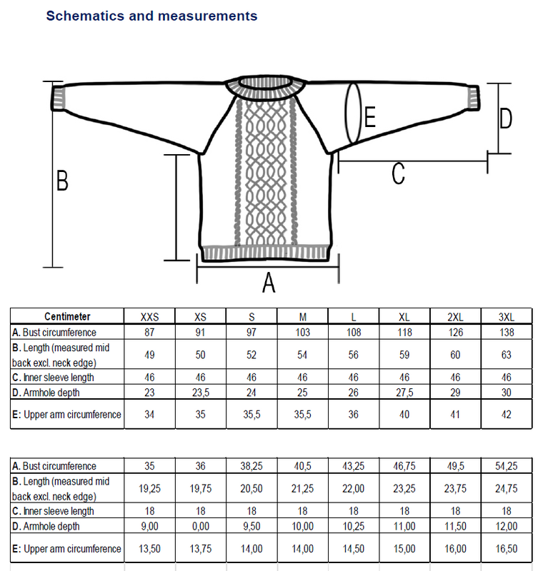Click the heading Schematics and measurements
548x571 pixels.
pos(151,15)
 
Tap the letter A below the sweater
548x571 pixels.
pos(269,283)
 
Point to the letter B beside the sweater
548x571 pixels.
pos(62,181)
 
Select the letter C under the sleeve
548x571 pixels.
pos(399,173)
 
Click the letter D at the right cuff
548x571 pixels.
pos(506,118)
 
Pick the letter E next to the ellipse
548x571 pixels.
pos(369,116)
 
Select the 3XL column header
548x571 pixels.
pos(507,317)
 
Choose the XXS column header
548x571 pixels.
pos(150,317)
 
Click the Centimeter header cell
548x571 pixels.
pos(68,317)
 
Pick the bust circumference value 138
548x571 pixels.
pos(507,333)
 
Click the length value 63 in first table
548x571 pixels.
pos(507,355)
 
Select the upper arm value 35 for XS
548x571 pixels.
pos(201,414)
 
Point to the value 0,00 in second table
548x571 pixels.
pos(201,526)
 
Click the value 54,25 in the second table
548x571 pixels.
pos(507,466)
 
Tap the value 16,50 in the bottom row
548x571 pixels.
pos(507,549)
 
